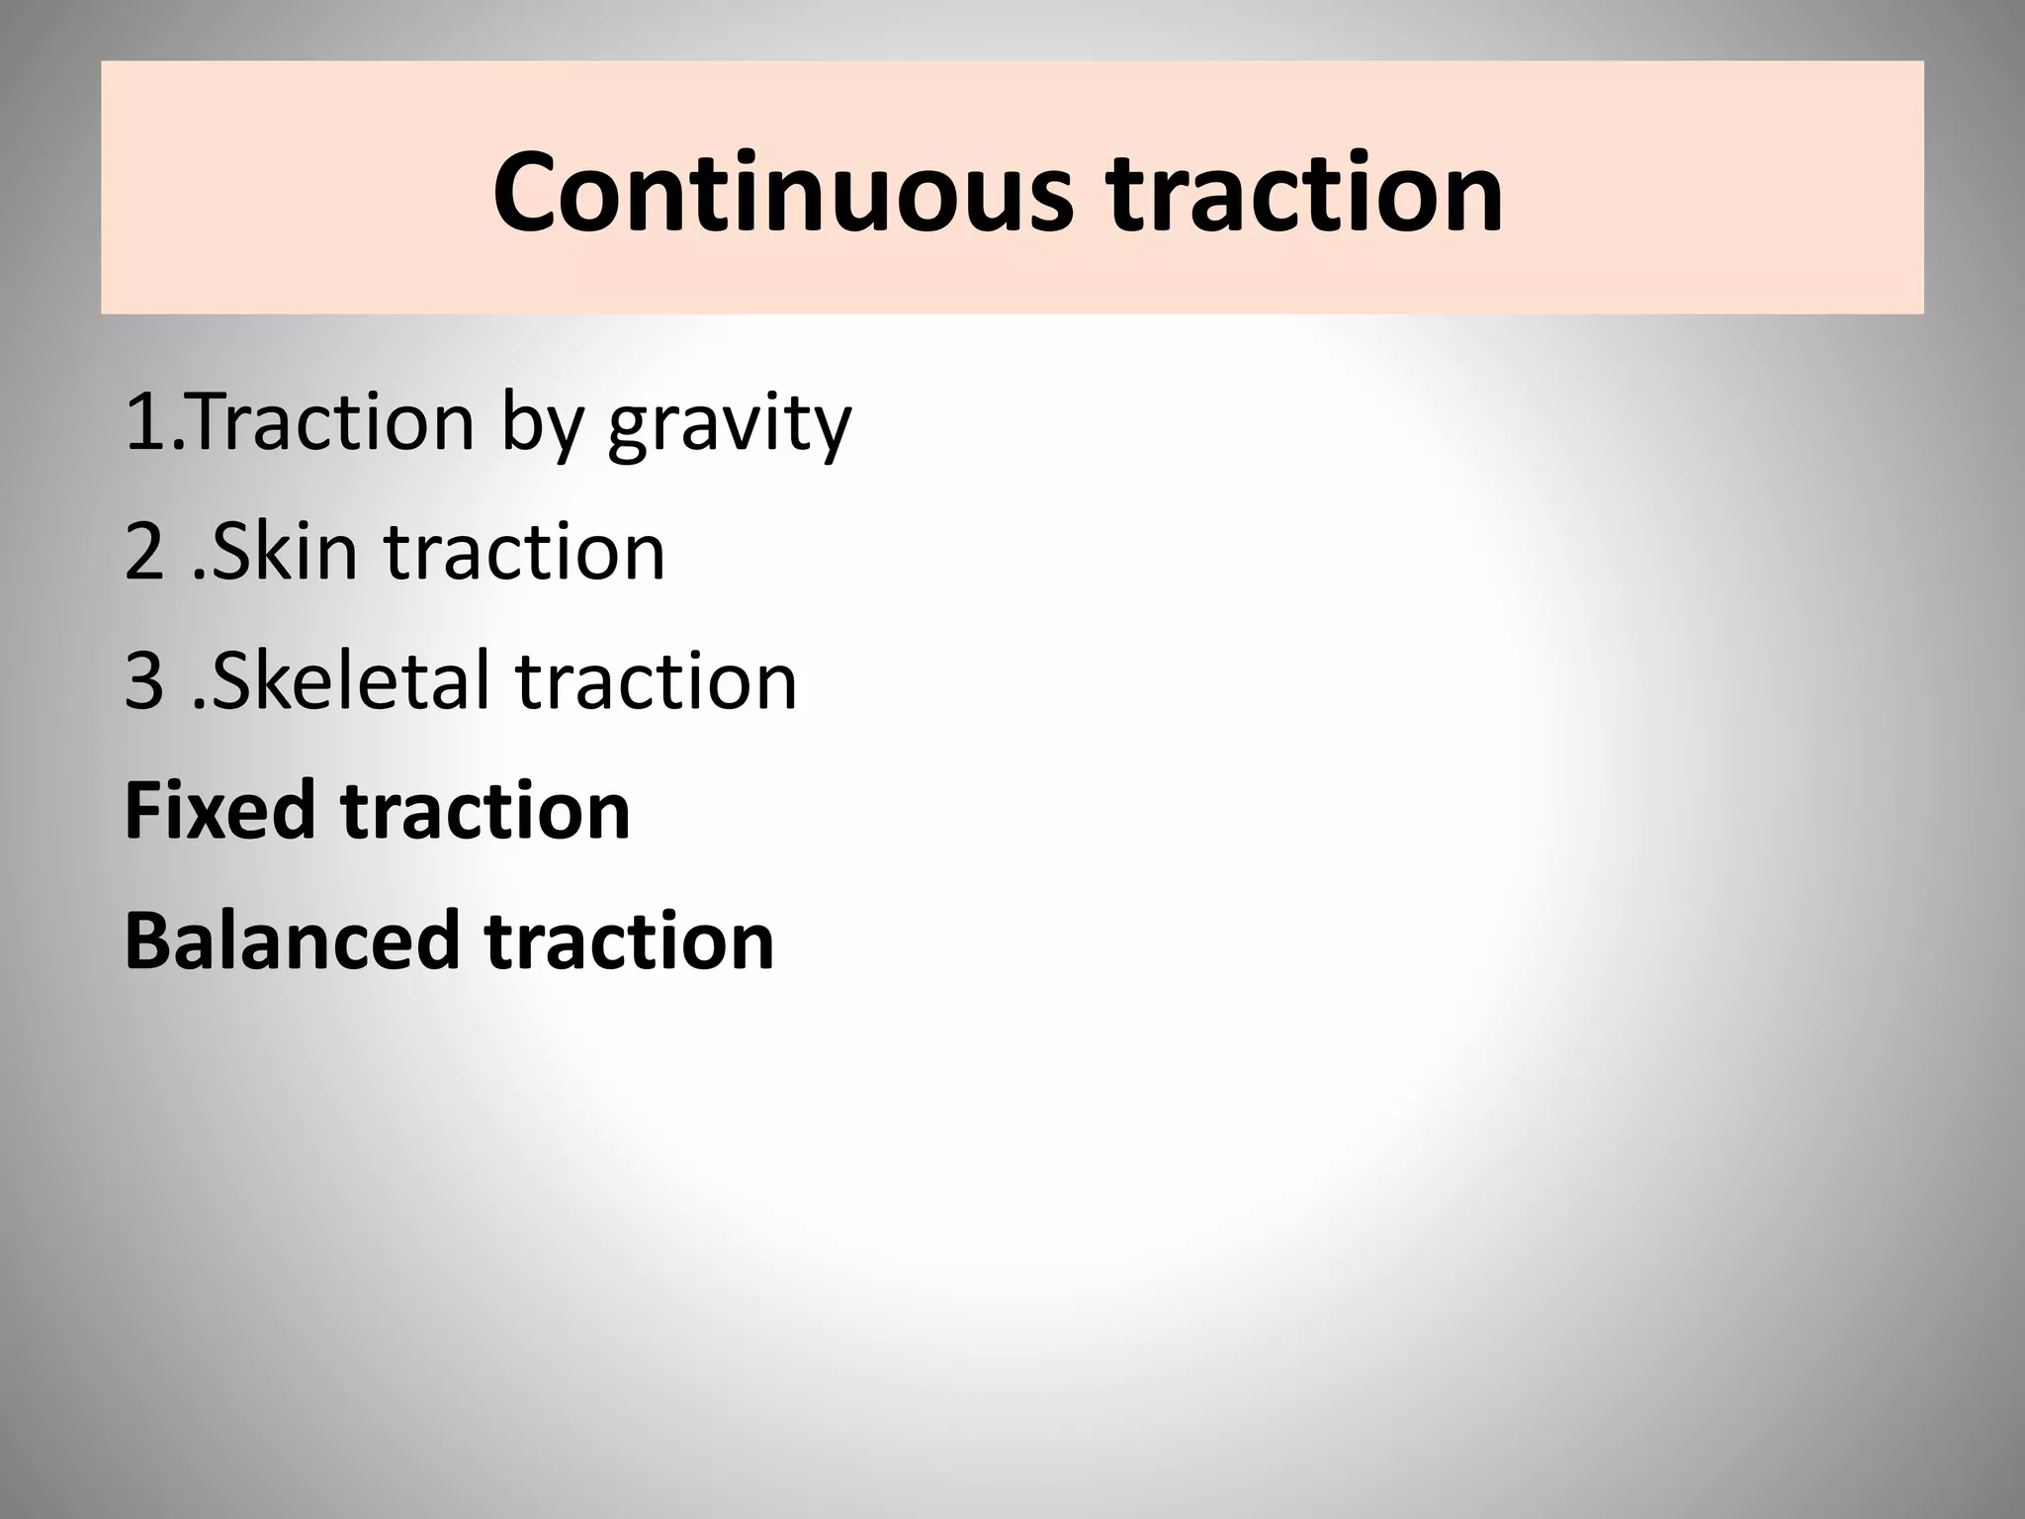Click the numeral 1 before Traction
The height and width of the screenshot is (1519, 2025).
point(144,422)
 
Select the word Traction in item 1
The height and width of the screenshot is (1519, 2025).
point(330,422)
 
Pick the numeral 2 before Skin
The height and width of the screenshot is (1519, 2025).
point(144,552)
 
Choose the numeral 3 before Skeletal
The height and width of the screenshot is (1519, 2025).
point(144,681)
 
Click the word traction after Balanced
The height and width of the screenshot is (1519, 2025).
point(629,941)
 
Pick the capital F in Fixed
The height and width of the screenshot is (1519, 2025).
point(144,810)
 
